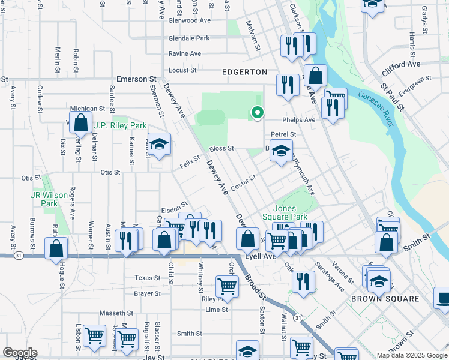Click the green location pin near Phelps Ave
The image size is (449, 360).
point(258,112)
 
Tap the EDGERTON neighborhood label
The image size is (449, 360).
point(244,72)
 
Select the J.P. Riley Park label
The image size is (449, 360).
point(120,126)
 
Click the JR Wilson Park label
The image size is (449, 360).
point(44,199)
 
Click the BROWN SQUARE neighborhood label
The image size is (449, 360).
point(385,299)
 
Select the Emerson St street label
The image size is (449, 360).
point(136,79)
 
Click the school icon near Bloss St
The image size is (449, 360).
point(280,152)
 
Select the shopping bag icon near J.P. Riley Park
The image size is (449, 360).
point(80,122)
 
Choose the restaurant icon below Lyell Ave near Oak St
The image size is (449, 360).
point(304,281)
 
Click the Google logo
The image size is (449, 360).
point(20,353)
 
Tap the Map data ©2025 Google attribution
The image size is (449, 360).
point(412,355)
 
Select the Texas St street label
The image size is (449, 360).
point(148,278)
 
